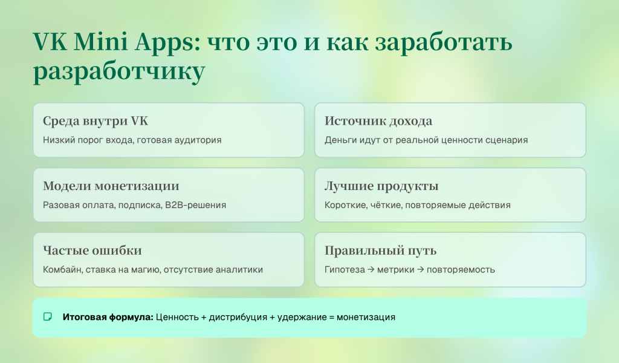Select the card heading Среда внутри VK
pos(95,121)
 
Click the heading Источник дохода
pos(378,121)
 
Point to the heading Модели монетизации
pos(111,186)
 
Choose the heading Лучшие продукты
pos(381,186)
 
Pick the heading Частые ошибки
pos(92,250)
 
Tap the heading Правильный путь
pos(380,250)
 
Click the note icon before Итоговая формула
pos(48,316)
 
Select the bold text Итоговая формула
pos(108,316)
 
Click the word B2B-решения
pos(195,205)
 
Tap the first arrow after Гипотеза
pos(370,269)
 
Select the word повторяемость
pos(461,269)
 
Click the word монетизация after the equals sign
pos(366,316)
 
